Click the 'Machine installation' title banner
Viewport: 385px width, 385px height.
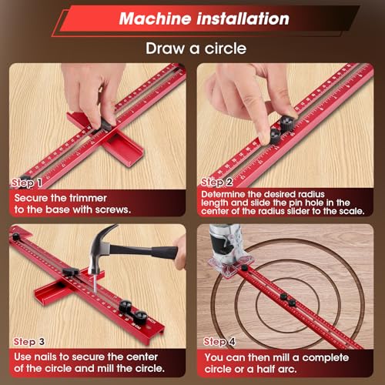click(192, 18)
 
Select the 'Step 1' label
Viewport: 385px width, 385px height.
click(26, 182)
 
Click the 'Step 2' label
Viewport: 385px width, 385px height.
click(219, 182)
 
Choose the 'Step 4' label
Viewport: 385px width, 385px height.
click(219, 340)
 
